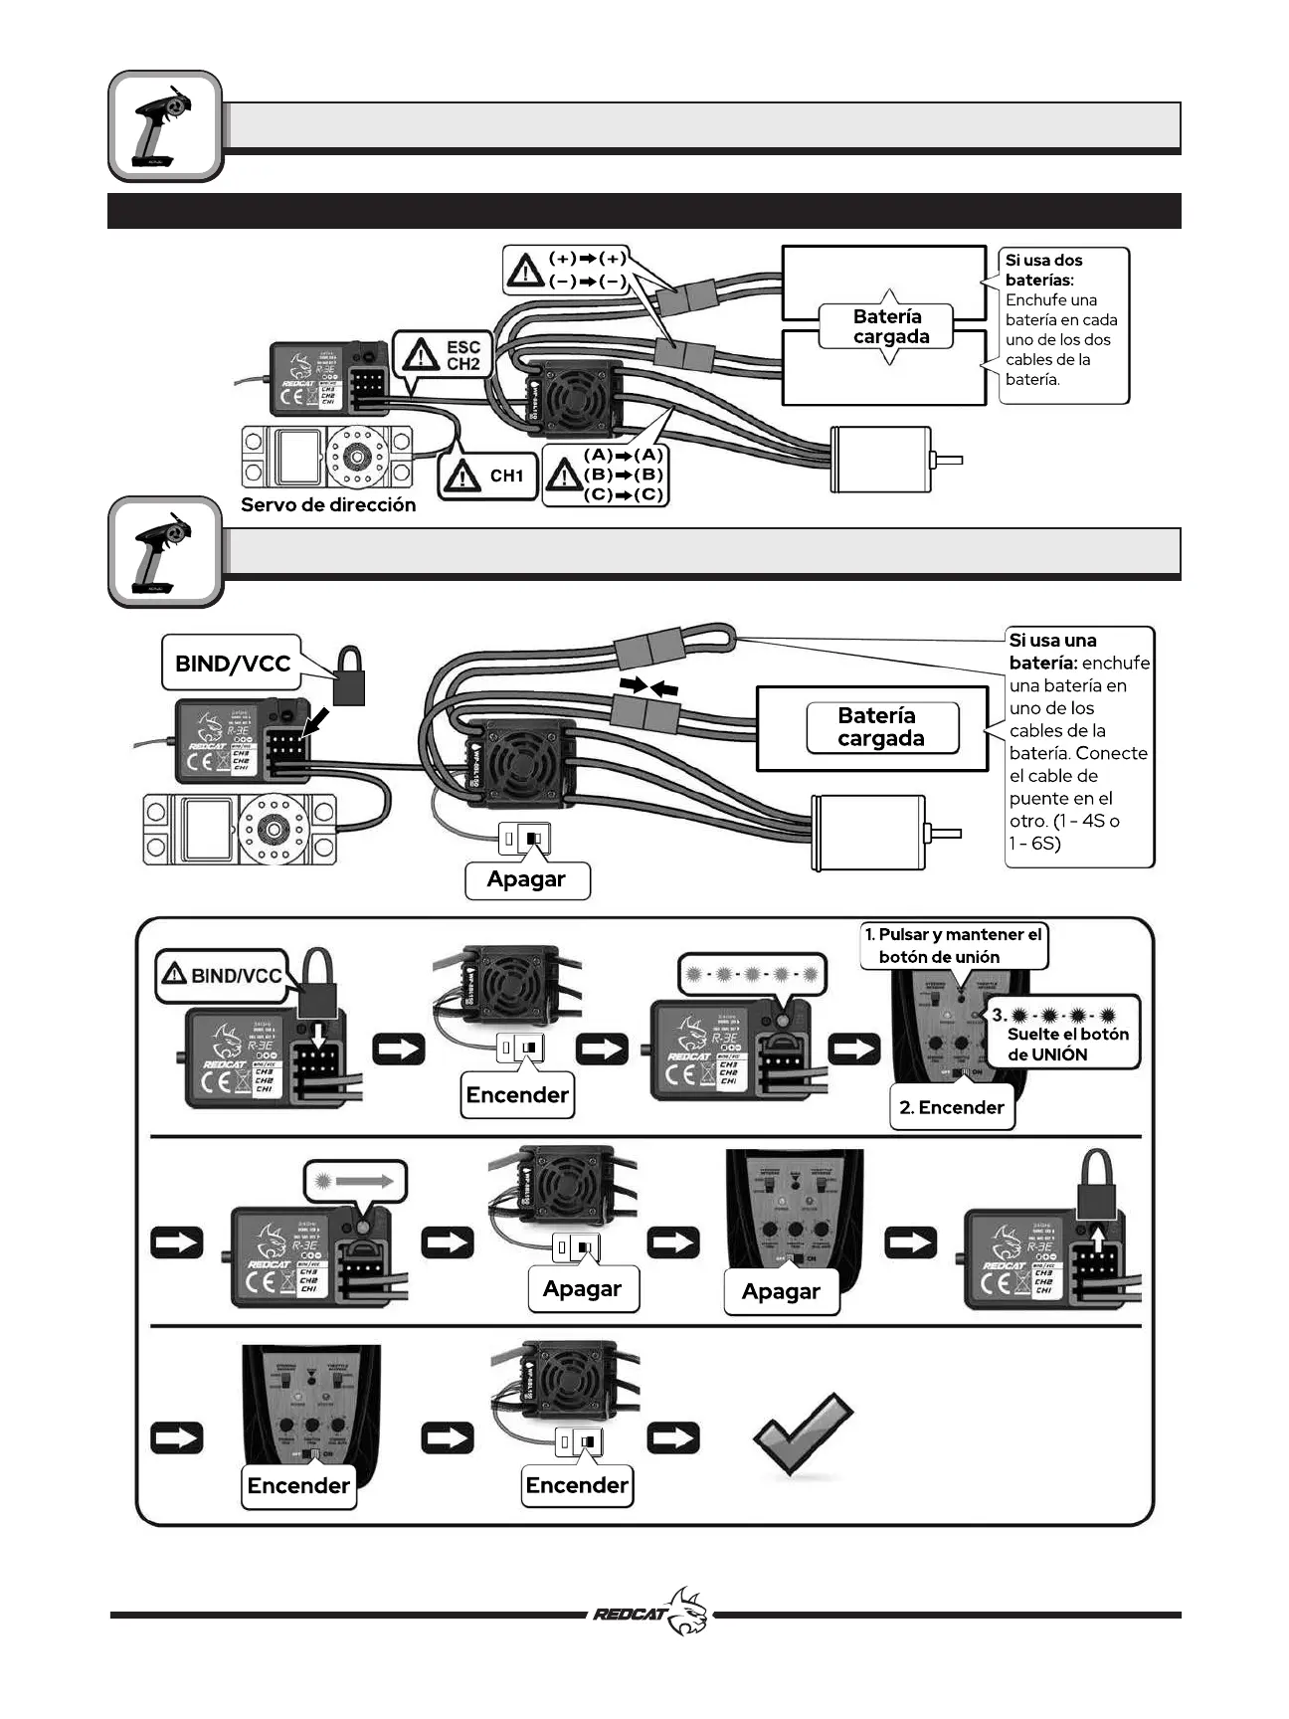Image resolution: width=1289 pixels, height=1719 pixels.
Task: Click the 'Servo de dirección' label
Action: [x=328, y=505]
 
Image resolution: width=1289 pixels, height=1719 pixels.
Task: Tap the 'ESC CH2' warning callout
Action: [x=444, y=355]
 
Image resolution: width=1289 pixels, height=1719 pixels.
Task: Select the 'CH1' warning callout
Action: [x=487, y=476]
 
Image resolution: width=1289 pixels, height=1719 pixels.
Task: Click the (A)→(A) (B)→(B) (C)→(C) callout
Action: [x=607, y=476]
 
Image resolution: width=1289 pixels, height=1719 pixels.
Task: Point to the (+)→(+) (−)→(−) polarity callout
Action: [x=568, y=270]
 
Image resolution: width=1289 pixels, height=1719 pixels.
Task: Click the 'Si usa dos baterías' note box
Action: [x=1062, y=325]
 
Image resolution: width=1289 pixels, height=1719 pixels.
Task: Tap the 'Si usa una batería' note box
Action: [x=1079, y=744]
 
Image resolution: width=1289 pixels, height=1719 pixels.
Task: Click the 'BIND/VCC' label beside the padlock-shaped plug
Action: [x=233, y=664]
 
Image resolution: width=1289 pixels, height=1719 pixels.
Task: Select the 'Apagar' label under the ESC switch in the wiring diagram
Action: [x=526, y=879]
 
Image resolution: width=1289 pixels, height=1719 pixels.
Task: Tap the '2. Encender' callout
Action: [x=951, y=1108]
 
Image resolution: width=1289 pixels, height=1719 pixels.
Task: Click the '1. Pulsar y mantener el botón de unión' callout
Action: [x=953, y=946]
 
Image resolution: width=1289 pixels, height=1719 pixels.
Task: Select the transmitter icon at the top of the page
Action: [x=164, y=126]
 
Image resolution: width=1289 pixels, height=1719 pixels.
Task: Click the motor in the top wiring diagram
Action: [x=881, y=459]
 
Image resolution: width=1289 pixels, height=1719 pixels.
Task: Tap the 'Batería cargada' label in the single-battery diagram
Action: [x=881, y=727]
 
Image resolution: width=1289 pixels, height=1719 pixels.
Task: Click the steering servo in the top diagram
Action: [x=326, y=457]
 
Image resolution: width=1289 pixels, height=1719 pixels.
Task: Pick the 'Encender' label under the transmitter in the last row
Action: [x=298, y=1486]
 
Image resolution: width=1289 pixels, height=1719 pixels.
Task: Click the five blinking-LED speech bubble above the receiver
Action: [x=753, y=975]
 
